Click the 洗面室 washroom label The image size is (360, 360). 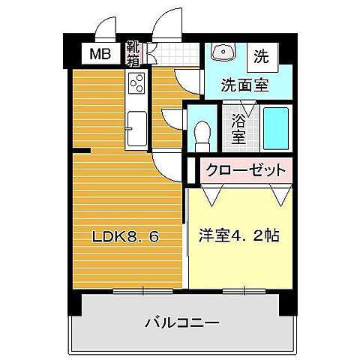pyautogui.click(x=244, y=84)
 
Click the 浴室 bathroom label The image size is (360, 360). pyautogui.click(x=239, y=127)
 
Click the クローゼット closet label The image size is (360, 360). pyautogui.click(x=245, y=169)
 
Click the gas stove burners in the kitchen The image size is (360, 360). pyautogui.click(x=137, y=85)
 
